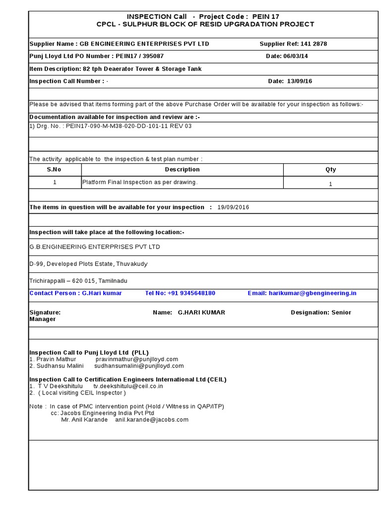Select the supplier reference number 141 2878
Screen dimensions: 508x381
(314, 44)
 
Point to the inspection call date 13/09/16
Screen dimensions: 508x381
(300, 81)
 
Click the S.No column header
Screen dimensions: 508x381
(55, 169)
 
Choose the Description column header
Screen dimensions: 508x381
(182, 169)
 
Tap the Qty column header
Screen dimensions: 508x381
(330, 169)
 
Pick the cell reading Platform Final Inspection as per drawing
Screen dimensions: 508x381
(140, 182)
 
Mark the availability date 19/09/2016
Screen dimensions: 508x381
(233, 207)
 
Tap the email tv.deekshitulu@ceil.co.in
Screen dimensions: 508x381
(128, 386)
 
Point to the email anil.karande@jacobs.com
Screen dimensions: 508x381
(152, 419)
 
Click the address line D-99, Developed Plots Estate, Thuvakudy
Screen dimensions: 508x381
(88, 264)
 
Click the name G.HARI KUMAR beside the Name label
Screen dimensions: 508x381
(201, 313)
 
